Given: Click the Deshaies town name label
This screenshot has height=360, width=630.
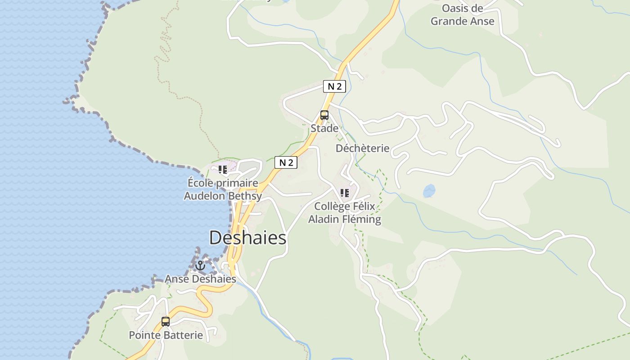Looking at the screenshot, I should [x=247, y=238].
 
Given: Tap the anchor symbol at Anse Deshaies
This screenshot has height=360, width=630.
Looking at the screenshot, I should [x=200, y=265].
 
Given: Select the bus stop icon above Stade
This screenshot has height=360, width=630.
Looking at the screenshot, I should [x=324, y=115].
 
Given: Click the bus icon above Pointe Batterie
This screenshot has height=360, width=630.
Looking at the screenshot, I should [x=166, y=322].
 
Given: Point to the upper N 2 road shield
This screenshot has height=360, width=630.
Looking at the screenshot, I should [x=334, y=86].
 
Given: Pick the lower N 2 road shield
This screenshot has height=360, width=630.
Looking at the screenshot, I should [x=286, y=162].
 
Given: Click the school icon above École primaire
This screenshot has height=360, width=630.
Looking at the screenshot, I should [x=223, y=170].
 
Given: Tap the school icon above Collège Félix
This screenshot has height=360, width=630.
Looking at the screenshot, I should [x=345, y=193].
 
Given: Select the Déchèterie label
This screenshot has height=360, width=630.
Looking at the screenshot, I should [x=362, y=148].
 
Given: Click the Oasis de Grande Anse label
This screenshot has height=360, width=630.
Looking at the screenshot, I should [x=463, y=15].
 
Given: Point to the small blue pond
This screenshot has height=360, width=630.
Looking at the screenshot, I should [x=429, y=191].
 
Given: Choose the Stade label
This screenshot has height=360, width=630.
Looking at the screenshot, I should [x=324, y=129].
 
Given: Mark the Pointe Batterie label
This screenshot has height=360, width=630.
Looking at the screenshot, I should [x=166, y=335].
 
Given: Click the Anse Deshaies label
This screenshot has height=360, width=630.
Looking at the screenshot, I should [x=200, y=279].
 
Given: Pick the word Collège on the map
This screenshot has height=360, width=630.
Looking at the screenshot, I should [x=332, y=206].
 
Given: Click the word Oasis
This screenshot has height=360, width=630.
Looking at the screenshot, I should [x=455, y=8].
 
